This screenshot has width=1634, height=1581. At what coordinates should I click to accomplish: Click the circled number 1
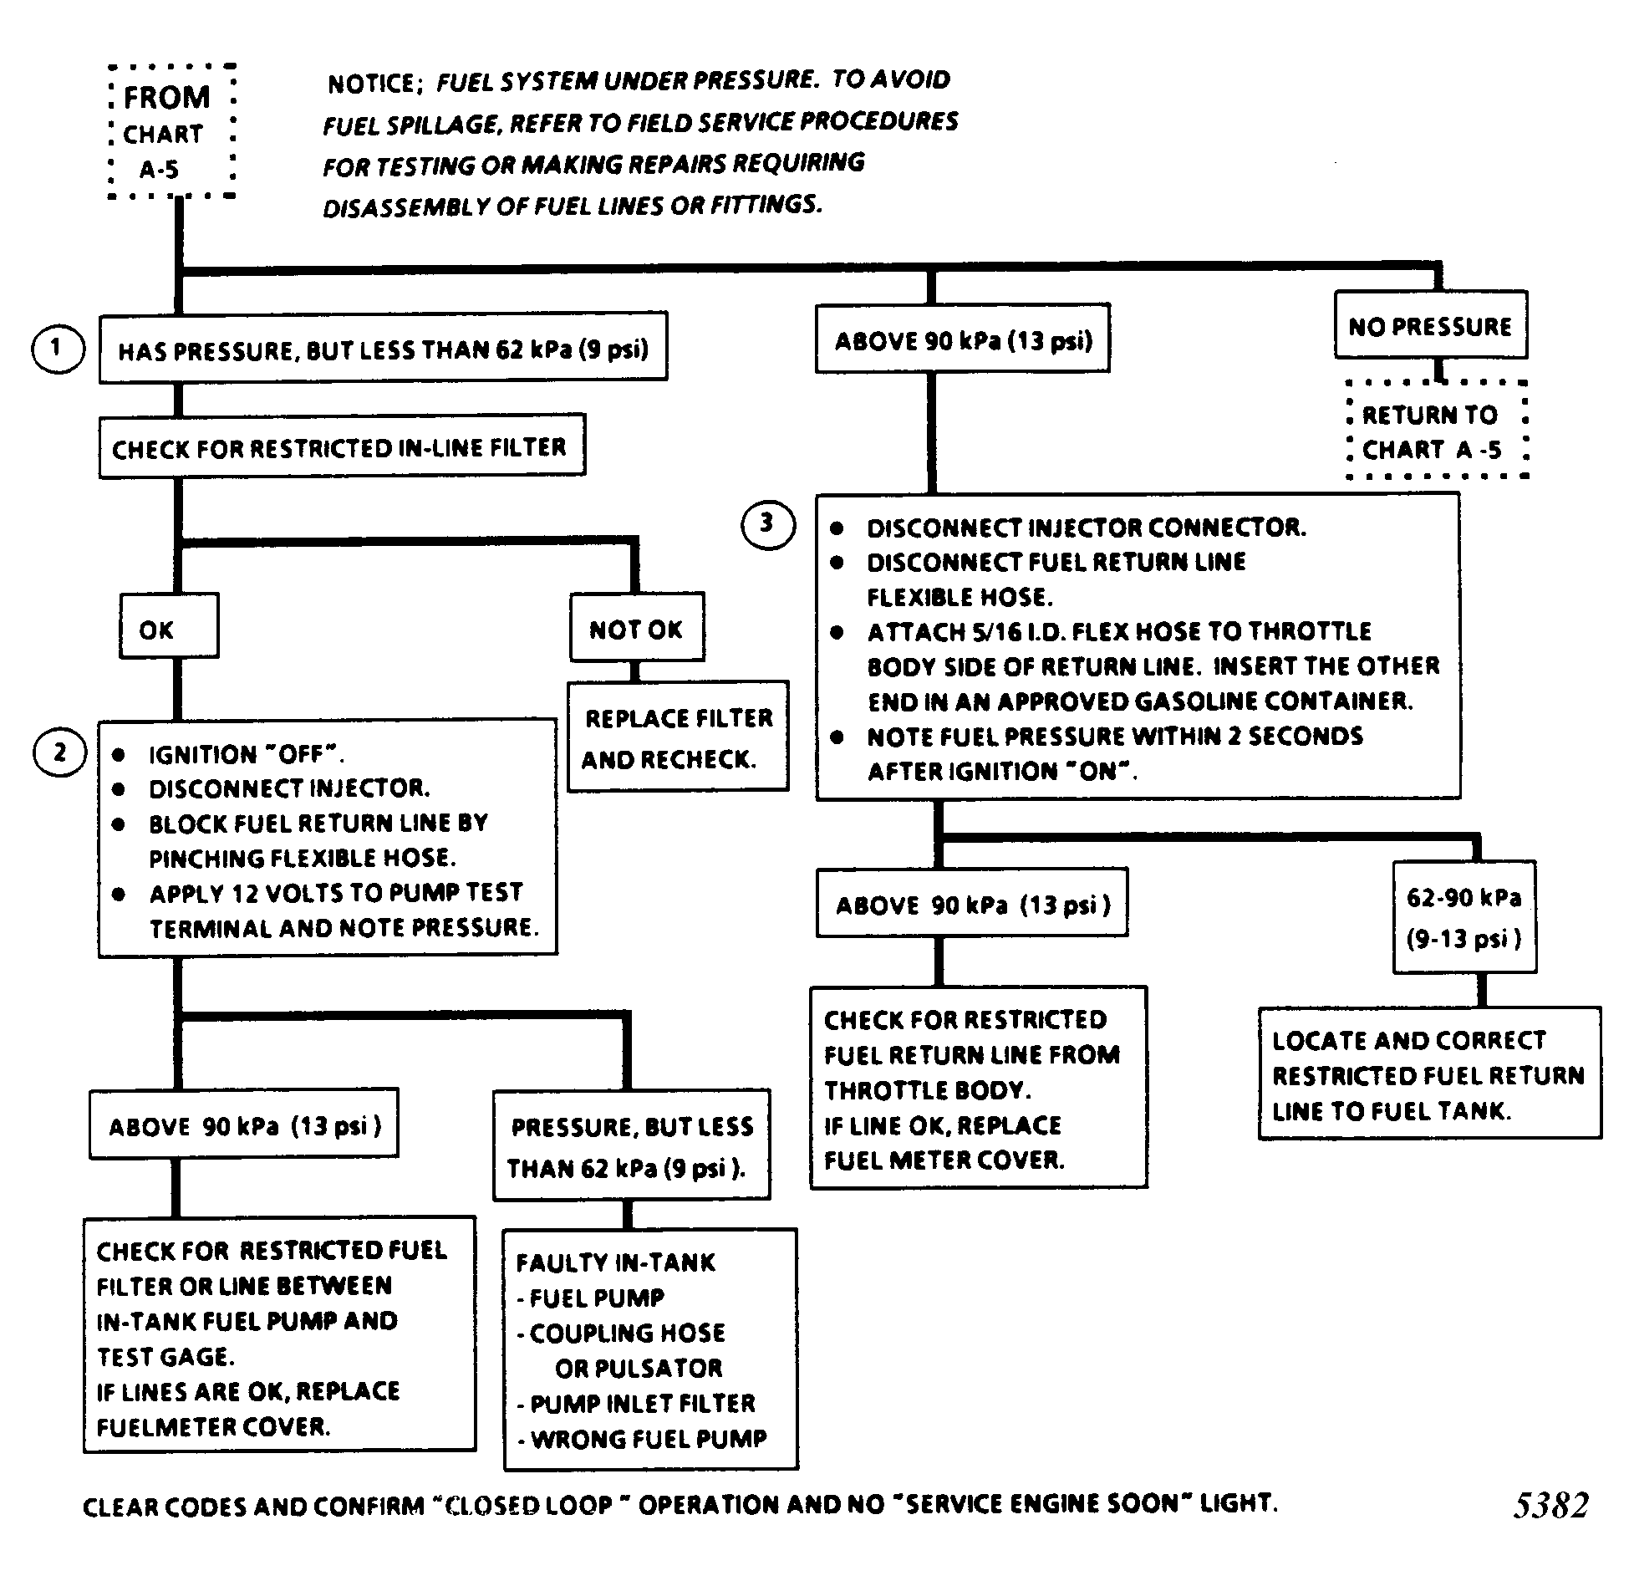click(x=57, y=348)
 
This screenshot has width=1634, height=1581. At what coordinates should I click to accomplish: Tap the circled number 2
click(x=59, y=752)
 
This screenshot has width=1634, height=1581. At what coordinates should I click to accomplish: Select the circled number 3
click(x=767, y=525)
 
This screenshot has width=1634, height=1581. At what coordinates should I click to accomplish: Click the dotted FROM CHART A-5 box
click(x=171, y=132)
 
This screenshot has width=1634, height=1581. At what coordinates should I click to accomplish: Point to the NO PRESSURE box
click(x=1430, y=325)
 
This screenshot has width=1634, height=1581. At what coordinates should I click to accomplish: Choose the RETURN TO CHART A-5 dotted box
click(x=1437, y=431)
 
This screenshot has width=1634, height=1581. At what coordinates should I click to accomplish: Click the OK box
click(x=169, y=626)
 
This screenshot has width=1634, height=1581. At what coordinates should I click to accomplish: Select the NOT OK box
click(x=637, y=628)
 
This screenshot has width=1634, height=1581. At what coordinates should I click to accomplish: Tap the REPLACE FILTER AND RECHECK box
click(x=678, y=737)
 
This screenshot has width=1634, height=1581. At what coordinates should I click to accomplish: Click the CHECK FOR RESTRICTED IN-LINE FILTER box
click(x=341, y=446)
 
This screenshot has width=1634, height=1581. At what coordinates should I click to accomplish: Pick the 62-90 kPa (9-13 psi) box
click(x=1464, y=917)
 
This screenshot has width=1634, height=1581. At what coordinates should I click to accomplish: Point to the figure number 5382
click(x=1550, y=1504)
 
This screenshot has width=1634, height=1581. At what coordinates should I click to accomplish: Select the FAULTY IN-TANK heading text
click(x=616, y=1262)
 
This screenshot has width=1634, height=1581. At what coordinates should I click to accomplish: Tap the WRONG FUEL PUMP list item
click(x=649, y=1439)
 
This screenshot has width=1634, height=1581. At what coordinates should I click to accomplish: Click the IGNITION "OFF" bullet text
click(x=246, y=754)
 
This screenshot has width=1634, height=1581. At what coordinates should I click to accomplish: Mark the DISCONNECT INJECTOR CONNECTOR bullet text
click(x=1086, y=528)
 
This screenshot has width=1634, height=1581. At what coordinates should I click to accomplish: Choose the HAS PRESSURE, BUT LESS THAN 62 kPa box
click(x=383, y=349)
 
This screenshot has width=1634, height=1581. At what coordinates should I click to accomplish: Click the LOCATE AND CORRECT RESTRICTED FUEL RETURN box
click(x=1429, y=1074)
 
